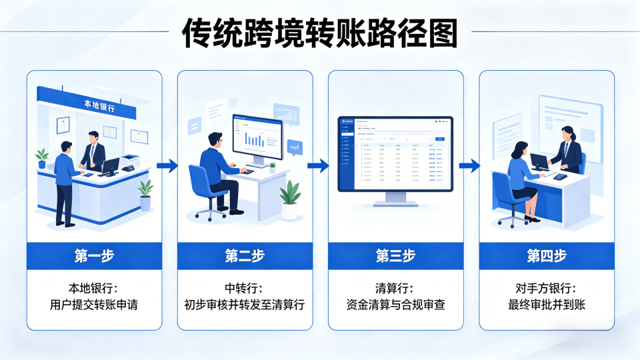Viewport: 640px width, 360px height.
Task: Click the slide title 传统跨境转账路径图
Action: click(320, 32)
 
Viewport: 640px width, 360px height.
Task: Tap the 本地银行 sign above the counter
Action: click(99, 105)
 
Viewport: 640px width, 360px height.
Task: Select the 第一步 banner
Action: click(94, 256)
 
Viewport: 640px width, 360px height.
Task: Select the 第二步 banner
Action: click(245, 256)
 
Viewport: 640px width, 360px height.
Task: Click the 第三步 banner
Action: click(395, 256)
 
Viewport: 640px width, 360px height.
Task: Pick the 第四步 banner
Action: click(546, 256)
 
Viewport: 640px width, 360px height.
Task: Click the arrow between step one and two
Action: click(170, 166)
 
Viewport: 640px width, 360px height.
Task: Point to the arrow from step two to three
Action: click(321, 166)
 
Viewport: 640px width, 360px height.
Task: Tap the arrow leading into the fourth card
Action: click(471, 166)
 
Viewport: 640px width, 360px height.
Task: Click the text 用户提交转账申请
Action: click(94, 305)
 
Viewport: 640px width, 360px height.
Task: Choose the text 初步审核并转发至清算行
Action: click(245, 305)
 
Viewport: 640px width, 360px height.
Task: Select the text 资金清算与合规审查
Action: click(395, 305)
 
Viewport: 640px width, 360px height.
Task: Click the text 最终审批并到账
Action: click(546, 305)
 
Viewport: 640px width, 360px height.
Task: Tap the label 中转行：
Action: click(245, 289)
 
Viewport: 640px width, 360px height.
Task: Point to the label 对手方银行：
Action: click(546, 289)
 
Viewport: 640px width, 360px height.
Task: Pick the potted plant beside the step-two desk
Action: click(289, 199)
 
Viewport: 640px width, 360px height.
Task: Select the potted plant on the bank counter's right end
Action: click(145, 195)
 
